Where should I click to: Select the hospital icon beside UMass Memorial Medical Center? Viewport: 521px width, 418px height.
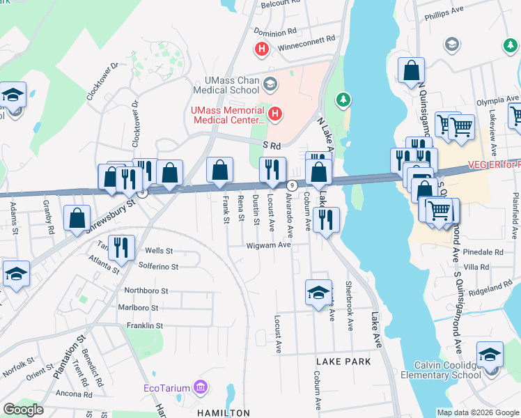276,113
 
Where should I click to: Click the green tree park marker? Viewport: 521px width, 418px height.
343,100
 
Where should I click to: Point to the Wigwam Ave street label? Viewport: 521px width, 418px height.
268,245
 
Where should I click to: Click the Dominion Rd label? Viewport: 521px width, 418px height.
275,31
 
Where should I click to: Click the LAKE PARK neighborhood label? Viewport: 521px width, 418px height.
343,362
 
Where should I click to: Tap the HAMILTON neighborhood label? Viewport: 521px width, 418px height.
223,413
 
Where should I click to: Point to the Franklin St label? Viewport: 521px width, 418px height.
144,325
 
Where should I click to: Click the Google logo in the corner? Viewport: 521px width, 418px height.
24,410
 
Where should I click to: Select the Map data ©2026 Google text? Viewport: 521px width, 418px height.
478,412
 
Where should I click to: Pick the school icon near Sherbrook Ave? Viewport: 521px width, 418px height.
318,292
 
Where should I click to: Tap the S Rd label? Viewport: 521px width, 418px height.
272,146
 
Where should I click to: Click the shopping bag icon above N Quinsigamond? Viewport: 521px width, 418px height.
412,70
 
